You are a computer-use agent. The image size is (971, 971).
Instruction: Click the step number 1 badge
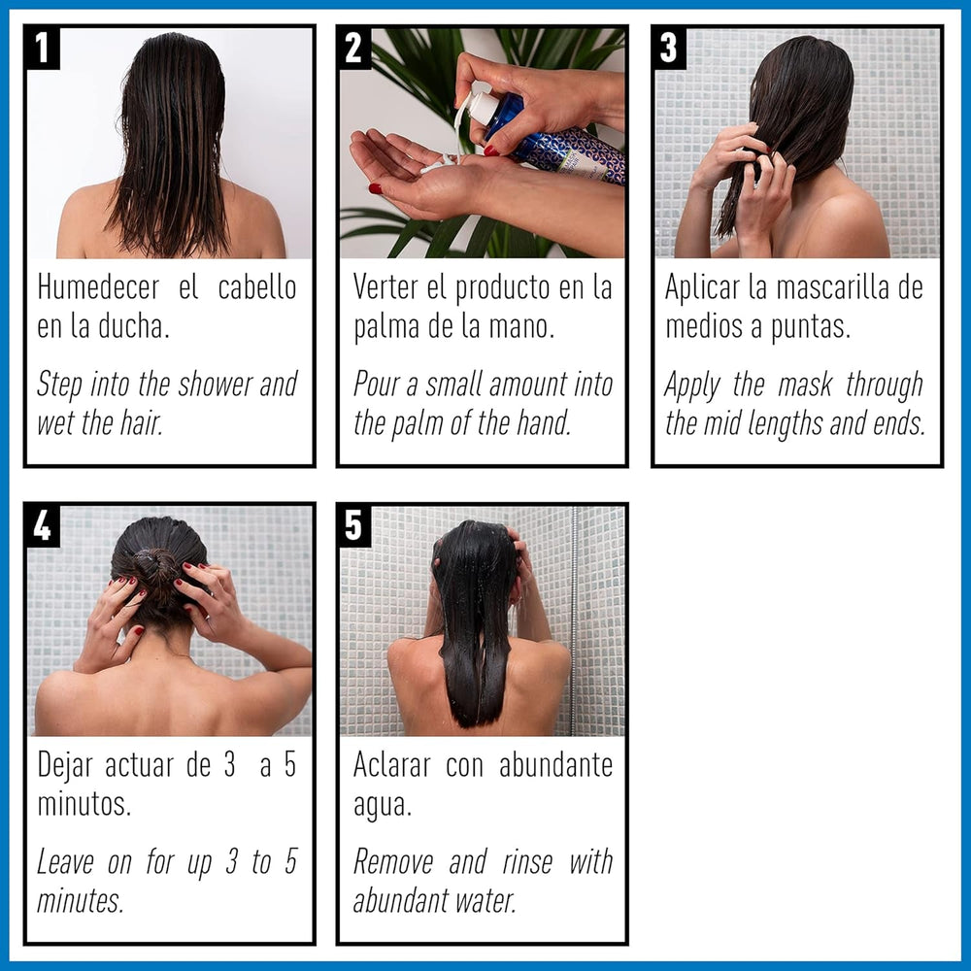43,49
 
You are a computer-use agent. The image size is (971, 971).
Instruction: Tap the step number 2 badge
355,49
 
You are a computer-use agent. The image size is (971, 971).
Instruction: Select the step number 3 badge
669,49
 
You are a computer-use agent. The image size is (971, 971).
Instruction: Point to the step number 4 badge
43,525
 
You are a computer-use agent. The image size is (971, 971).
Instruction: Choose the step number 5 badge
355,525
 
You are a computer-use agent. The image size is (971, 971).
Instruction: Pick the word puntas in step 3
811,327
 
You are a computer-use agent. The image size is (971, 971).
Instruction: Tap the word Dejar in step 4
66,765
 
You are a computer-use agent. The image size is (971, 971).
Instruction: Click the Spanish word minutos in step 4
84,804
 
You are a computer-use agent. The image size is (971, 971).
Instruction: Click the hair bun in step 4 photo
155,565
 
